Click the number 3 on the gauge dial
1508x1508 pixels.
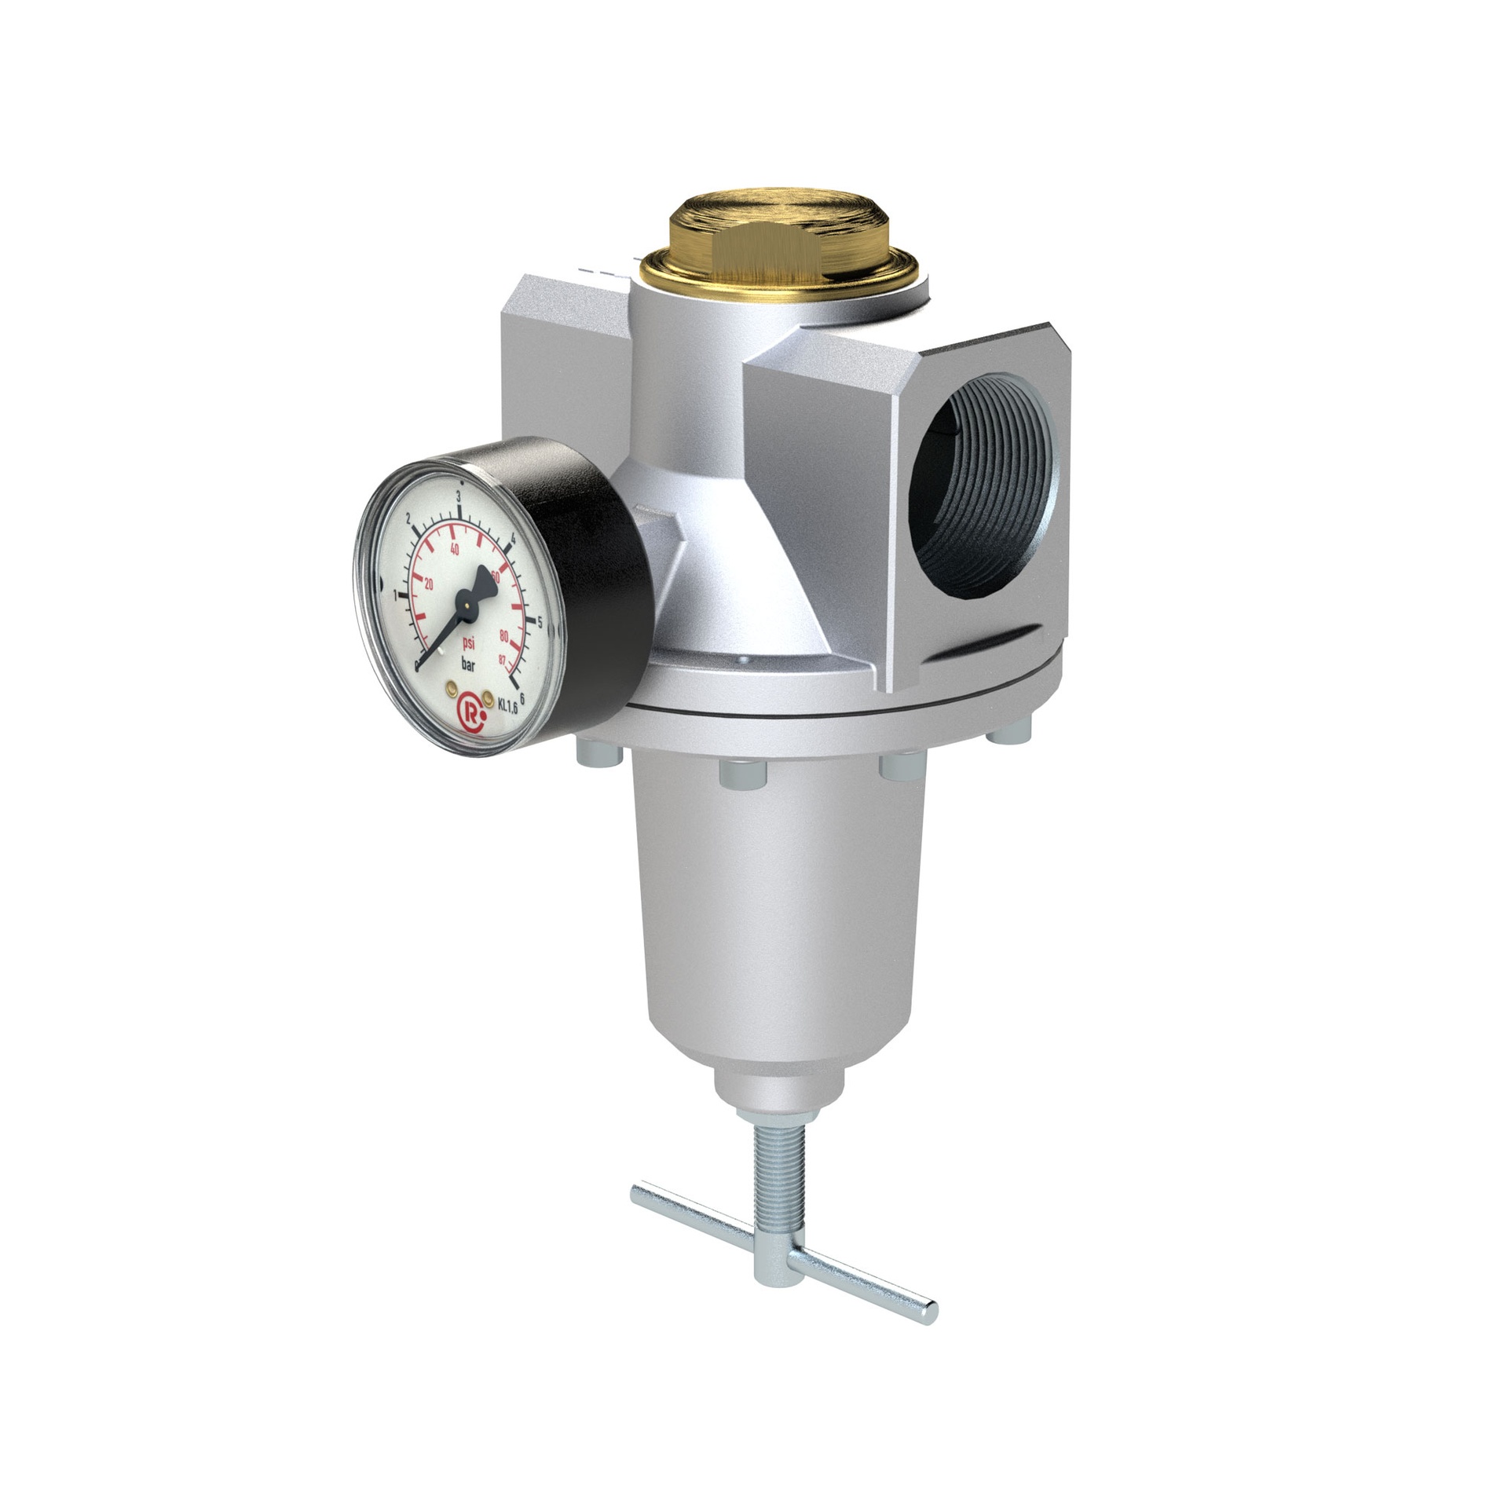pos(458,496)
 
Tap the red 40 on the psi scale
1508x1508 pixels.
pos(453,549)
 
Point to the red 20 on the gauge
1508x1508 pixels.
pos(429,584)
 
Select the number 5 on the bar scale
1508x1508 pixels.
pos(540,623)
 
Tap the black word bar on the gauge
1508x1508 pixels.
pos(468,664)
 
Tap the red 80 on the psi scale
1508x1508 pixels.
pos(503,635)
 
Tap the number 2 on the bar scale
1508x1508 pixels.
pos(408,521)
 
